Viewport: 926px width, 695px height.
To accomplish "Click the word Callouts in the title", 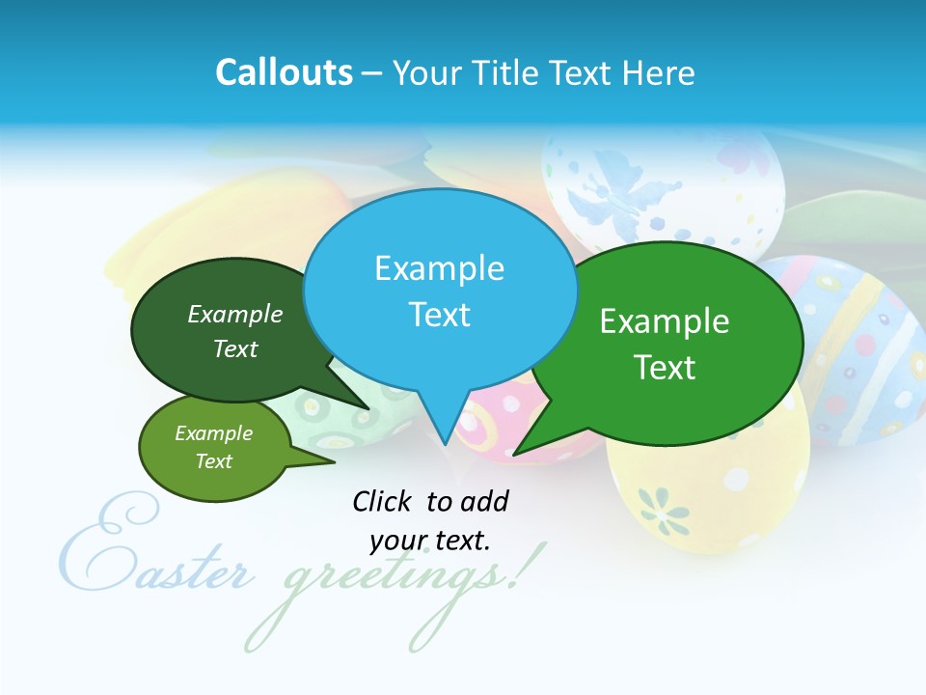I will click(x=284, y=72).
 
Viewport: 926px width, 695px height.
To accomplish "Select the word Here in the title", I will click(x=659, y=72).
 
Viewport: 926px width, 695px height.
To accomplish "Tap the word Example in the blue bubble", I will click(x=440, y=268).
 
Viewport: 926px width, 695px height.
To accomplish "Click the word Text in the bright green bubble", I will click(x=665, y=368).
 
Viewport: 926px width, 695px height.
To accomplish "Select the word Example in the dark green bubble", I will click(x=235, y=315).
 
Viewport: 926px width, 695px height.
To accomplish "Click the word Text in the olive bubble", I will click(x=214, y=461).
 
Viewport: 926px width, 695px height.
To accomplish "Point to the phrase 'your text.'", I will click(x=430, y=541).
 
